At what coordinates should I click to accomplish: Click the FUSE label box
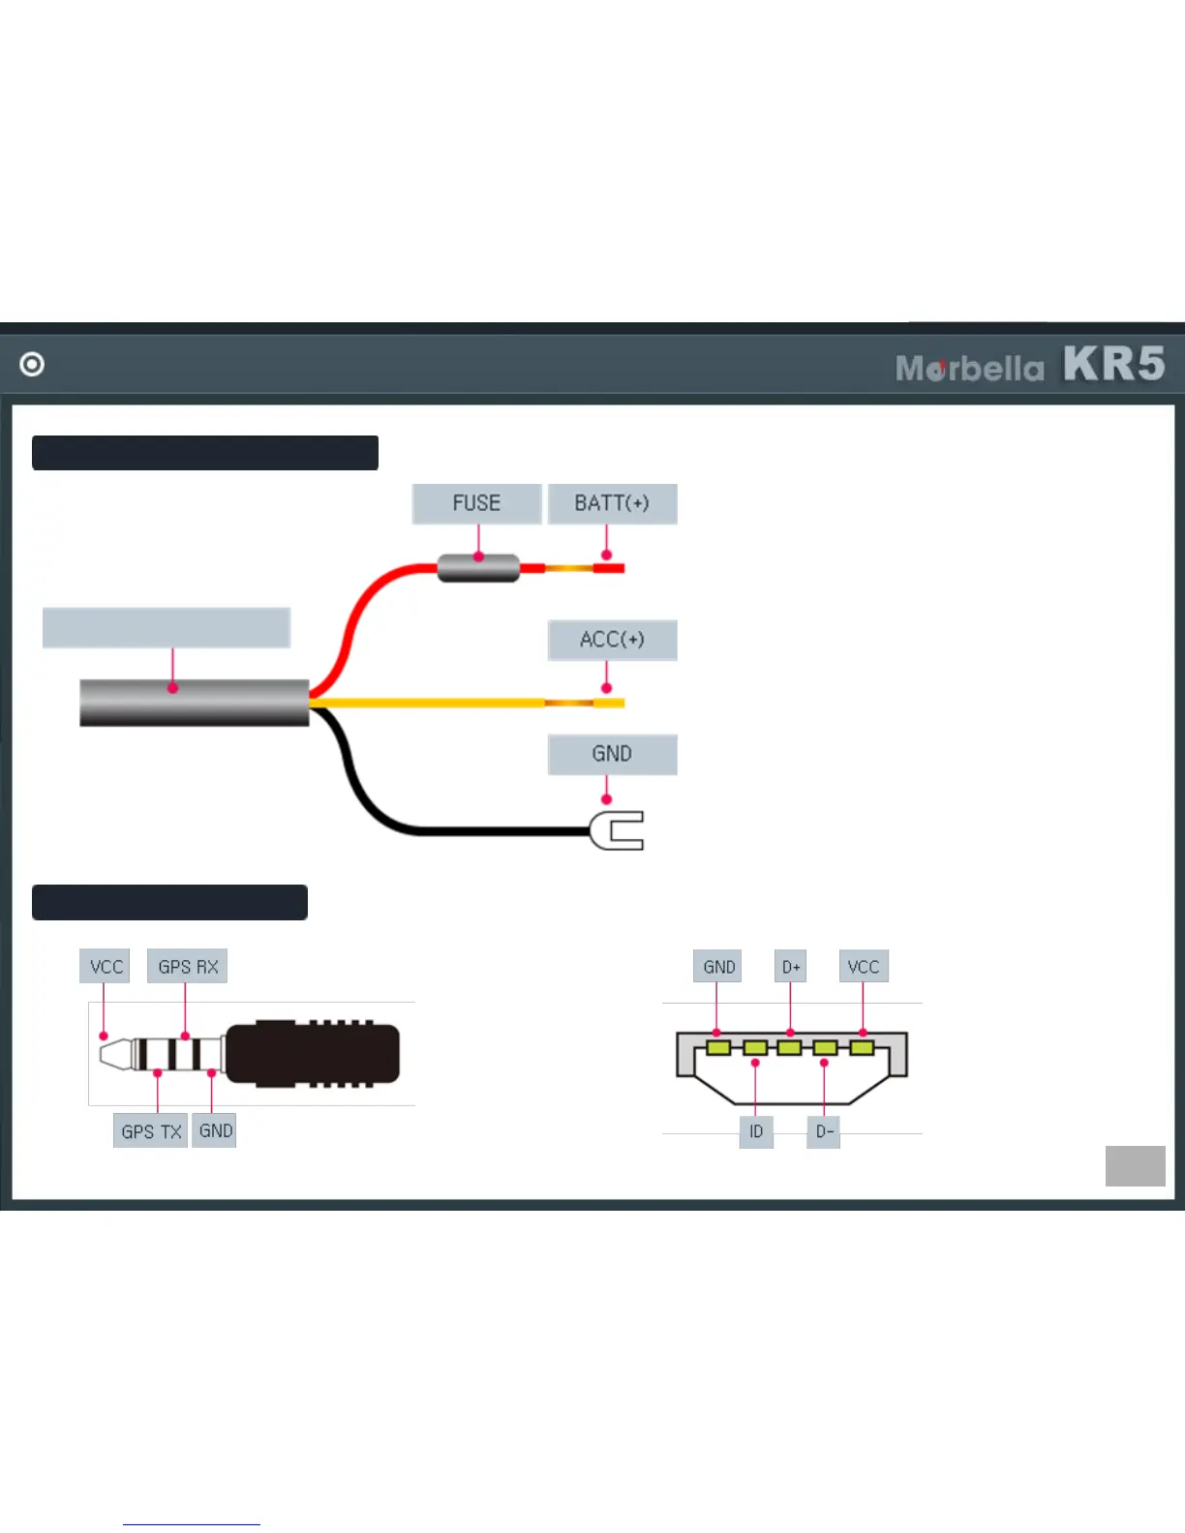click(x=476, y=503)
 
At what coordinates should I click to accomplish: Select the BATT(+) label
click(x=612, y=503)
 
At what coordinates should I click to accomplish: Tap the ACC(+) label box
click(x=612, y=640)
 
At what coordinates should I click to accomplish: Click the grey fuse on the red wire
click(x=478, y=568)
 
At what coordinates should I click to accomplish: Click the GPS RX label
click(x=188, y=966)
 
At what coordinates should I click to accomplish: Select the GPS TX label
click(x=151, y=1131)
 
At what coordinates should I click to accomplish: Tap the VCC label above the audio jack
click(x=106, y=966)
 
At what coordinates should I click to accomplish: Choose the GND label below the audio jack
click(x=215, y=1130)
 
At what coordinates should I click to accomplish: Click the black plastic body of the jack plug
click(x=315, y=1053)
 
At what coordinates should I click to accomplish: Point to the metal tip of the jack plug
click(x=114, y=1053)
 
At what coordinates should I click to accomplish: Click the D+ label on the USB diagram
click(x=791, y=966)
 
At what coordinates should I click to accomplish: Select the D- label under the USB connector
click(x=824, y=1131)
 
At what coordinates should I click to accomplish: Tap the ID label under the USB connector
click(x=756, y=1131)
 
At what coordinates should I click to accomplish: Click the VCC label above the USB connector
click(x=864, y=966)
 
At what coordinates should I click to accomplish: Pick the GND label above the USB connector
click(x=718, y=966)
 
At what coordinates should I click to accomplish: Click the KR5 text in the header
click(x=1113, y=365)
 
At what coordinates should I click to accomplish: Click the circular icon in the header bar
click(x=32, y=364)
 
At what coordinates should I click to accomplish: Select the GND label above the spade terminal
click(x=612, y=754)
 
